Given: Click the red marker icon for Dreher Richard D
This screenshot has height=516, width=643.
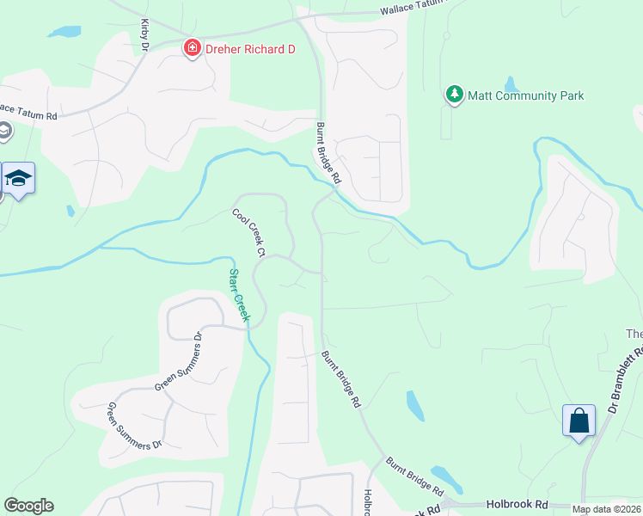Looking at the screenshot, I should pos(193,49).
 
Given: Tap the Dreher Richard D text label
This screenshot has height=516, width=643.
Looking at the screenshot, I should pos(250,49).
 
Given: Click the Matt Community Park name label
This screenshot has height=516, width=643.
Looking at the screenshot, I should pos(525,95).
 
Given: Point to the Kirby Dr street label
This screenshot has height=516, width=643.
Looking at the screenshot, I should pos(144,35).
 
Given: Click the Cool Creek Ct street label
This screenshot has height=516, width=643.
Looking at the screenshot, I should pos(248,233).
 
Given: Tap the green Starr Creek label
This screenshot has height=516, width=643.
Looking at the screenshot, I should pos(238,295).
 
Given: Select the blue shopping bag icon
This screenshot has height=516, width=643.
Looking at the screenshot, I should pos(579,421).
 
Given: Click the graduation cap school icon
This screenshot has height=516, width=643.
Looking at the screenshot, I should pos(18,179).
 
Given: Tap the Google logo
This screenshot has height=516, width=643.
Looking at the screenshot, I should pos(28,506).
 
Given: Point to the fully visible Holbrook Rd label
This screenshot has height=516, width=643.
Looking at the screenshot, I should pos(517,504).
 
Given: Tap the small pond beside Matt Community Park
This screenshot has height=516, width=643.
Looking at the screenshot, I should pos(511,84).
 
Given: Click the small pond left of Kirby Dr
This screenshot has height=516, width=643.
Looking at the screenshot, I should pos(64,33).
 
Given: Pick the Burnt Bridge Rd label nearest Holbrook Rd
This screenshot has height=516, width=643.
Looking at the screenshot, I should pos(414,478).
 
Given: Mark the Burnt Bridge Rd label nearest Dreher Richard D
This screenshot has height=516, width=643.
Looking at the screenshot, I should pos(328,154).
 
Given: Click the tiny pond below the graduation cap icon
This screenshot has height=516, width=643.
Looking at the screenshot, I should pos(70,211).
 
